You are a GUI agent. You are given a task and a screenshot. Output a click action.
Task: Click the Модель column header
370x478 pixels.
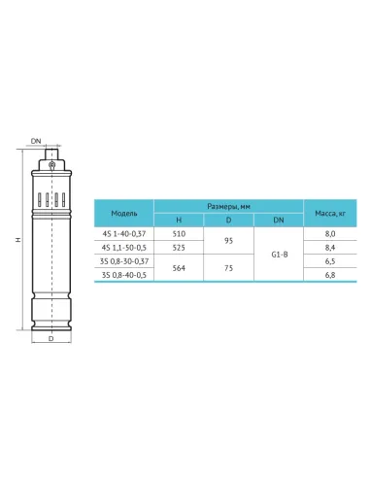125,212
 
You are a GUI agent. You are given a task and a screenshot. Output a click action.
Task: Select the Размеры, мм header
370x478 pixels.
228,206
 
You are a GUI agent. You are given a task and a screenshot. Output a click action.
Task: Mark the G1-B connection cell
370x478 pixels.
279,254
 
